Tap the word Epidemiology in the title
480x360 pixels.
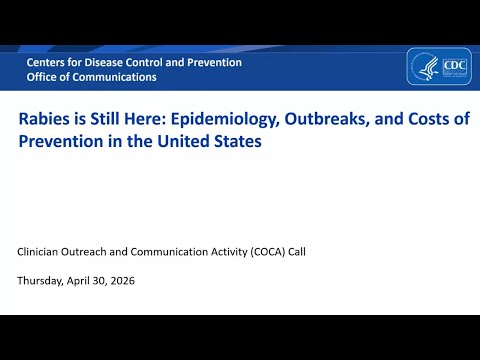click(225, 120)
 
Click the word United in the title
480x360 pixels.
click(183, 141)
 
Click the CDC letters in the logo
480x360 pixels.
click(455, 65)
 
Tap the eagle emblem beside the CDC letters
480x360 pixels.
click(428, 68)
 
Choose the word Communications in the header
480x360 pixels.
click(114, 77)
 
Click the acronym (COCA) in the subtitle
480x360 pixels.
click(268, 252)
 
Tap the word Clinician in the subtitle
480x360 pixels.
click(37, 252)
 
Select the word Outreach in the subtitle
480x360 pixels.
click(84, 252)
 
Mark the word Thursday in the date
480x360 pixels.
click(40, 281)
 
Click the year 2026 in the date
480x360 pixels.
click(122, 281)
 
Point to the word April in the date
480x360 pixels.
click(78, 281)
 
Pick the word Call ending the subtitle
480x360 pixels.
click(297, 252)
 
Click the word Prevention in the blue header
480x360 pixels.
click(214, 62)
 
